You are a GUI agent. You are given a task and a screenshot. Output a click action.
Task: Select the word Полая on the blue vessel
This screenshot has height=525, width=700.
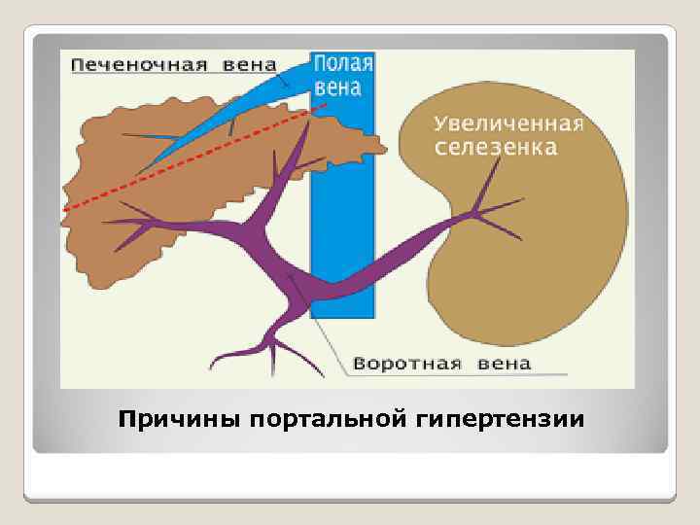(x=342, y=65)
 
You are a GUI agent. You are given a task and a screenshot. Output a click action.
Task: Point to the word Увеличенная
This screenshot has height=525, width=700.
(x=507, y=125)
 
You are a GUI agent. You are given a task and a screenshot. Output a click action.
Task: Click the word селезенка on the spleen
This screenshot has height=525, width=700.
(x=496, y=149)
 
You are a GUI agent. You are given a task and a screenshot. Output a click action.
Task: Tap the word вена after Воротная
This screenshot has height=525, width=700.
(x=505, y=365)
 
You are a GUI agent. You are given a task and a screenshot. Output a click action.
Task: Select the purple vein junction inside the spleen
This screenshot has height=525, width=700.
(x=474, y=212)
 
